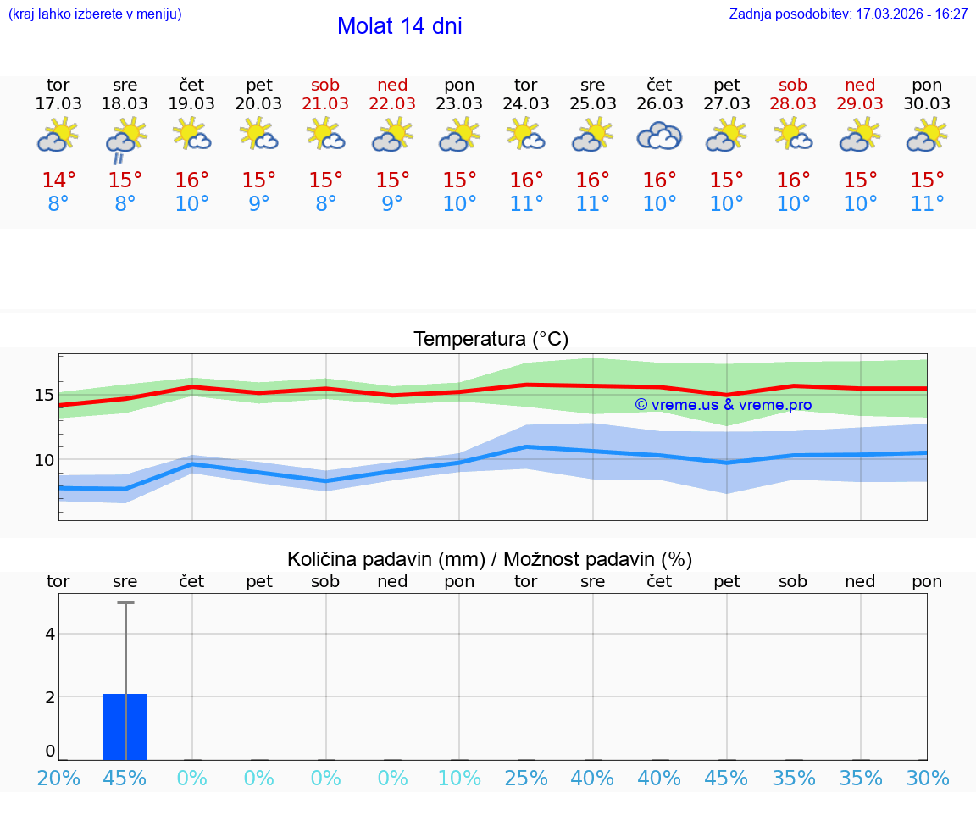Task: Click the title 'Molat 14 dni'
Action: (x=399, y=26)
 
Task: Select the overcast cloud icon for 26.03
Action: (x=659, y=136)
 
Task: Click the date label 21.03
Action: (x=325, y=104)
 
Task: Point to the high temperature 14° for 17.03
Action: (x=58, y=180)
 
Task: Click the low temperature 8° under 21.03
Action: (x=325, y=204)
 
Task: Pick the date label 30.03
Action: (x=927, y=104)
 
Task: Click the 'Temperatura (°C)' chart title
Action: (x=491, y=340)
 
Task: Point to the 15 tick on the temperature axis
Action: (x=44, y=395)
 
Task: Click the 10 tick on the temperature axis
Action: (x=44, y=460)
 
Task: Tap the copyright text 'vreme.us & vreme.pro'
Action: (x=723, y=405)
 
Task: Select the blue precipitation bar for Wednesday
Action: (x=125, y=727)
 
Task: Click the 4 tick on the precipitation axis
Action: (x=50, y=634)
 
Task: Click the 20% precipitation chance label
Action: (x=58, y=779)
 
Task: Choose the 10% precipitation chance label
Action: (x=459, y=779)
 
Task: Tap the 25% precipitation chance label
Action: (x=526, y=779)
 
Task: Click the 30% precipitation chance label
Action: (x=927, y=779)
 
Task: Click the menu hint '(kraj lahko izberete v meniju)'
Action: (x=95, y=14)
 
